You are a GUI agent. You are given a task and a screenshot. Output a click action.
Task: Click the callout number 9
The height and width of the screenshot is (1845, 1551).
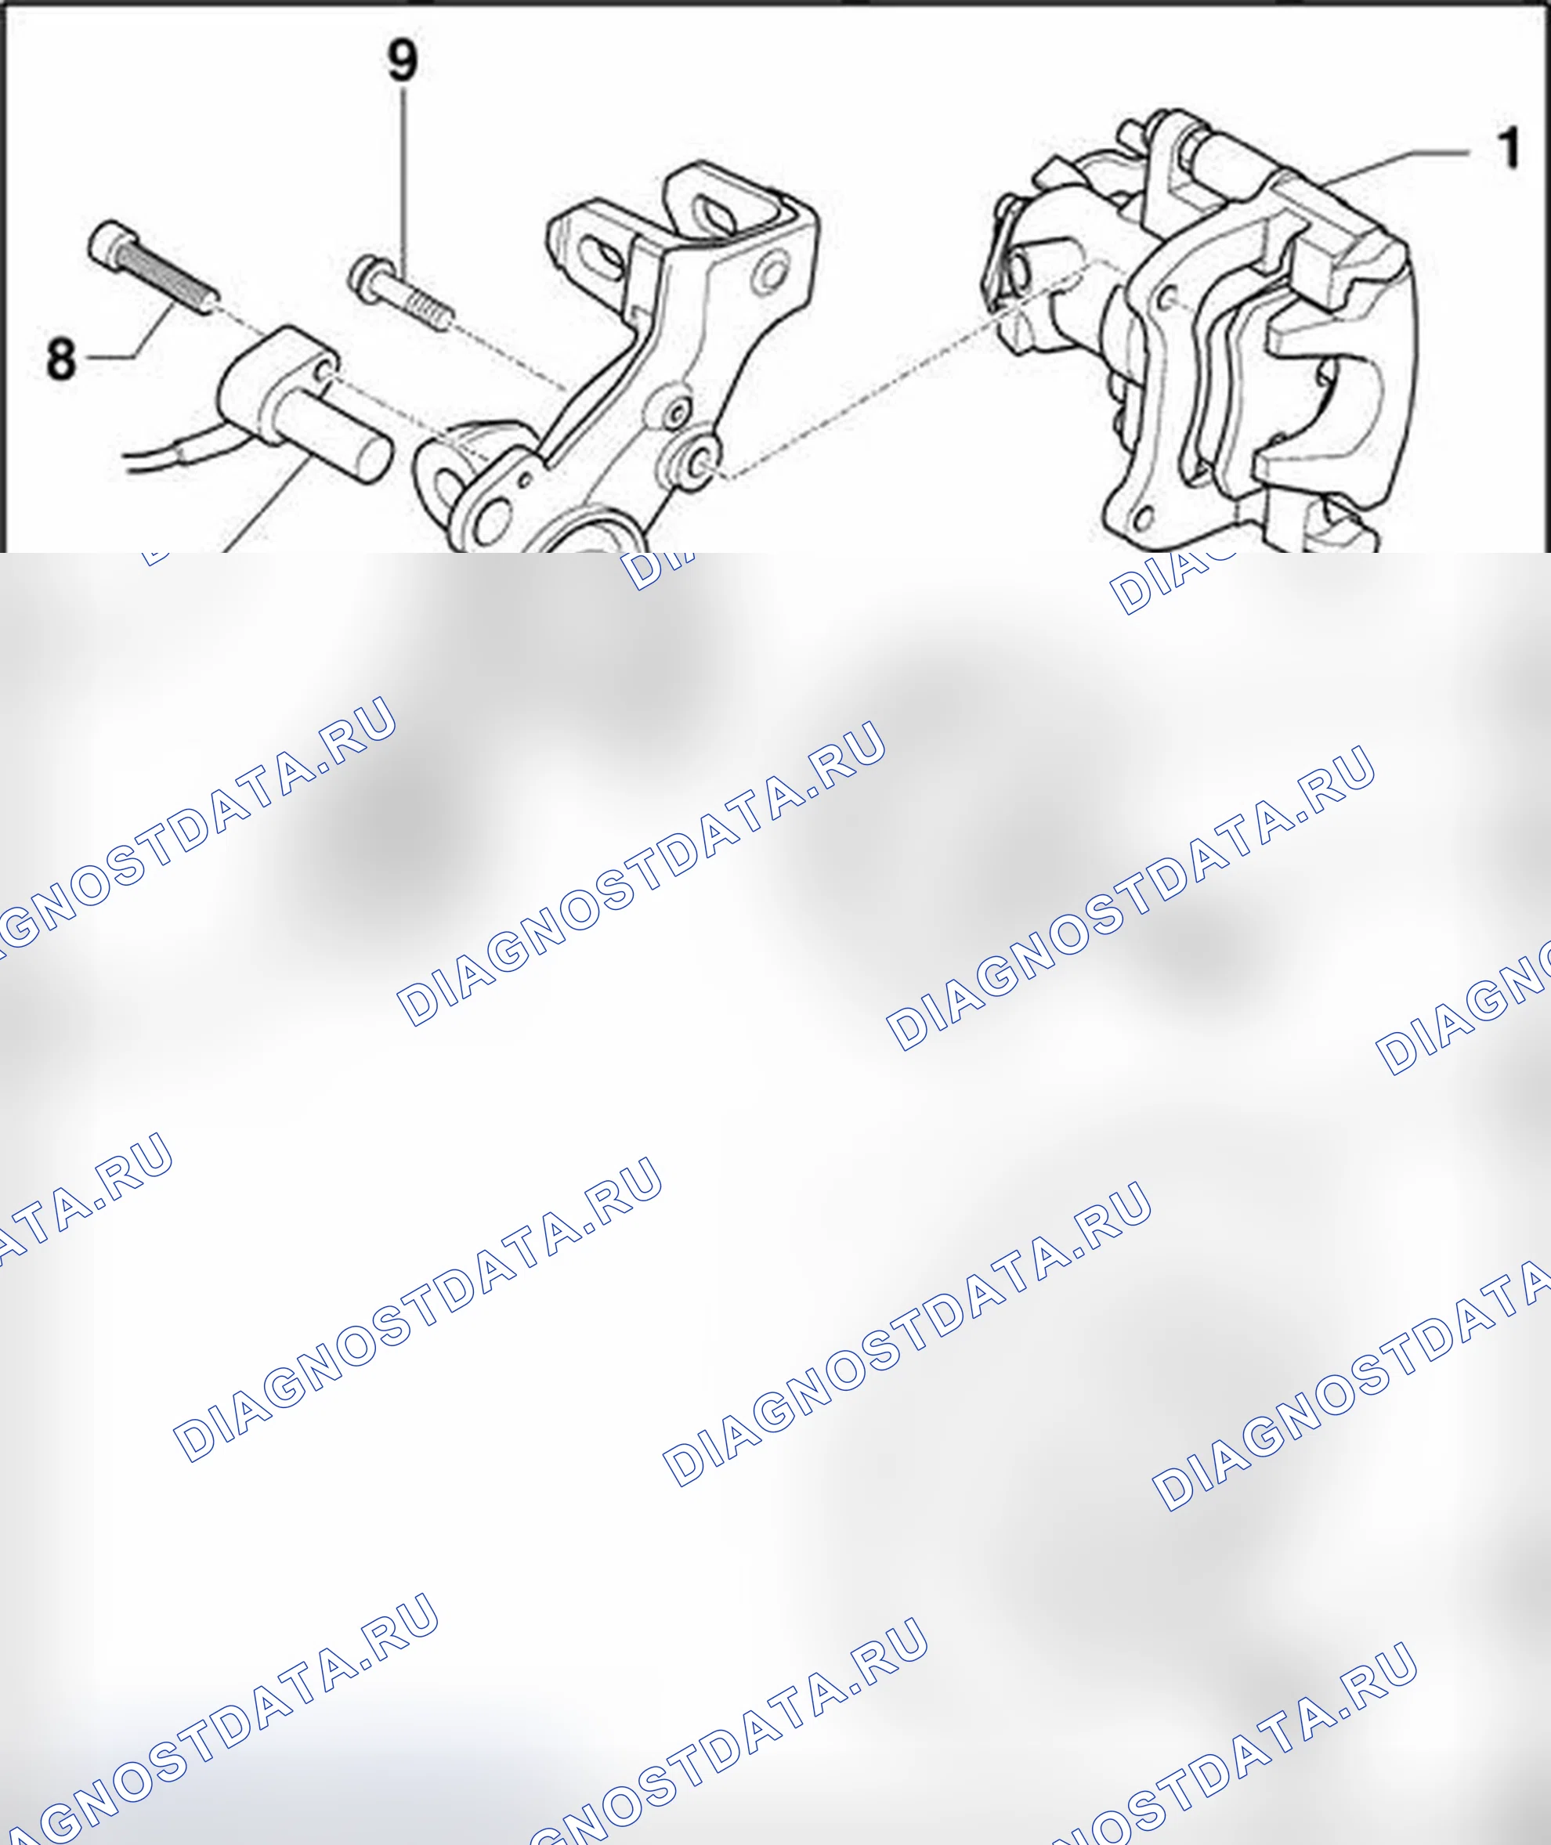coord(403,60)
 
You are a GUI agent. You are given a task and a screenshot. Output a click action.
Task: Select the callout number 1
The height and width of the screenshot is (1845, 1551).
coord(1509,148)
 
